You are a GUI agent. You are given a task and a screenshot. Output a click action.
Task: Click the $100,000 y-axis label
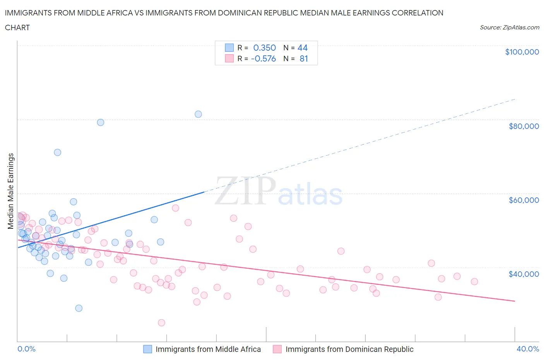click(522, 52)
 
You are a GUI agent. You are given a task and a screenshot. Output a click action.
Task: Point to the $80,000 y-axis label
click(523, 126)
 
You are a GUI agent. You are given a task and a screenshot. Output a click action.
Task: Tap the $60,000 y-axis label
click(523, 200)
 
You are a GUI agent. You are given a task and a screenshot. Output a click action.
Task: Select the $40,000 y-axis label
click(523, 274)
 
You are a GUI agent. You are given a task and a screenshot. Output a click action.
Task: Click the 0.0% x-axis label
click(26, 349)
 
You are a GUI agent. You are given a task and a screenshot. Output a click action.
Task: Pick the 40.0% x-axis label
click(527, 349)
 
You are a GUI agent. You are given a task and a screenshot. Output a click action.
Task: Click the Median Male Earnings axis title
click(11, 191)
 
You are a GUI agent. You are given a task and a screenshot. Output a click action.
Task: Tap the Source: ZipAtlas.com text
click(509, 27)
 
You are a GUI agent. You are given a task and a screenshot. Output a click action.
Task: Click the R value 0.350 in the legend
click(264, 48)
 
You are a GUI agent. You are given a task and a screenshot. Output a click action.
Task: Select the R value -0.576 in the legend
click(263, 58)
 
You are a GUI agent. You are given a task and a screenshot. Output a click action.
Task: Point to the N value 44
click(302, 48)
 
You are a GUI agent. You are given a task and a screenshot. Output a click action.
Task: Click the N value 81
click(303, 58)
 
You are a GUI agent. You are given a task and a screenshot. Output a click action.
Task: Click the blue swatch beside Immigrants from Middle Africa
click(147, 349)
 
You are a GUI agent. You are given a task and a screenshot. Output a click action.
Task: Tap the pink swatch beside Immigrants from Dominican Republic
click(277, 349)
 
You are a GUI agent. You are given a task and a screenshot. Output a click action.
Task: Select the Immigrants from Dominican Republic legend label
click(349, 349)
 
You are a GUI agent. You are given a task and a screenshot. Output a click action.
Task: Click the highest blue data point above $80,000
click(198, 114)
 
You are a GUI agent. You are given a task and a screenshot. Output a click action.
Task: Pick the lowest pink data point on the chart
click(161, 323)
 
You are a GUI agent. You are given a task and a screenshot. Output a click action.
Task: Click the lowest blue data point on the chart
click(79, 308)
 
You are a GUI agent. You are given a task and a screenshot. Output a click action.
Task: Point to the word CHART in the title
click(17, 27)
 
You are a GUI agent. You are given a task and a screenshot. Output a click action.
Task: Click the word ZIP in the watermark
click(245, 191)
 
